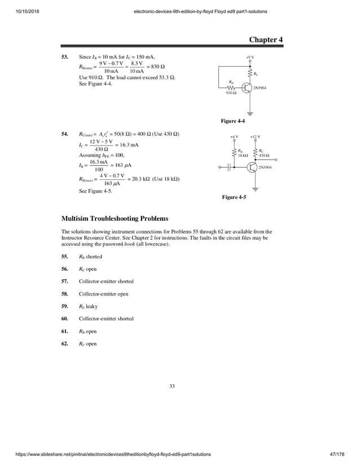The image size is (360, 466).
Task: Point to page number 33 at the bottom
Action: pos(172,386)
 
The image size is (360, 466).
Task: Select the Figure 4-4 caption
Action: pos(232,121)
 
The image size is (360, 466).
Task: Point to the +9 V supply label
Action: pos(249,58)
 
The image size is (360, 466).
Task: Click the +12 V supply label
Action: pos(255,137)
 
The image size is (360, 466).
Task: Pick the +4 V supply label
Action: pos(234,137)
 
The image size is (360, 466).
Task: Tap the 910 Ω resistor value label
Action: pos(230,93)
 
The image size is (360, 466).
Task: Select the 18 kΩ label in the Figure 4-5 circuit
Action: pos(243,155)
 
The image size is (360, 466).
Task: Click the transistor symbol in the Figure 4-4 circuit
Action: pos(247,87)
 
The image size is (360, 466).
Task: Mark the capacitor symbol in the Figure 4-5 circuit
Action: pos(229,168)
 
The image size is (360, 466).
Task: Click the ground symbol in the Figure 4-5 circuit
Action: pos(256,189)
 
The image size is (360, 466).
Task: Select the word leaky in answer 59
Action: pos(91,306)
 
